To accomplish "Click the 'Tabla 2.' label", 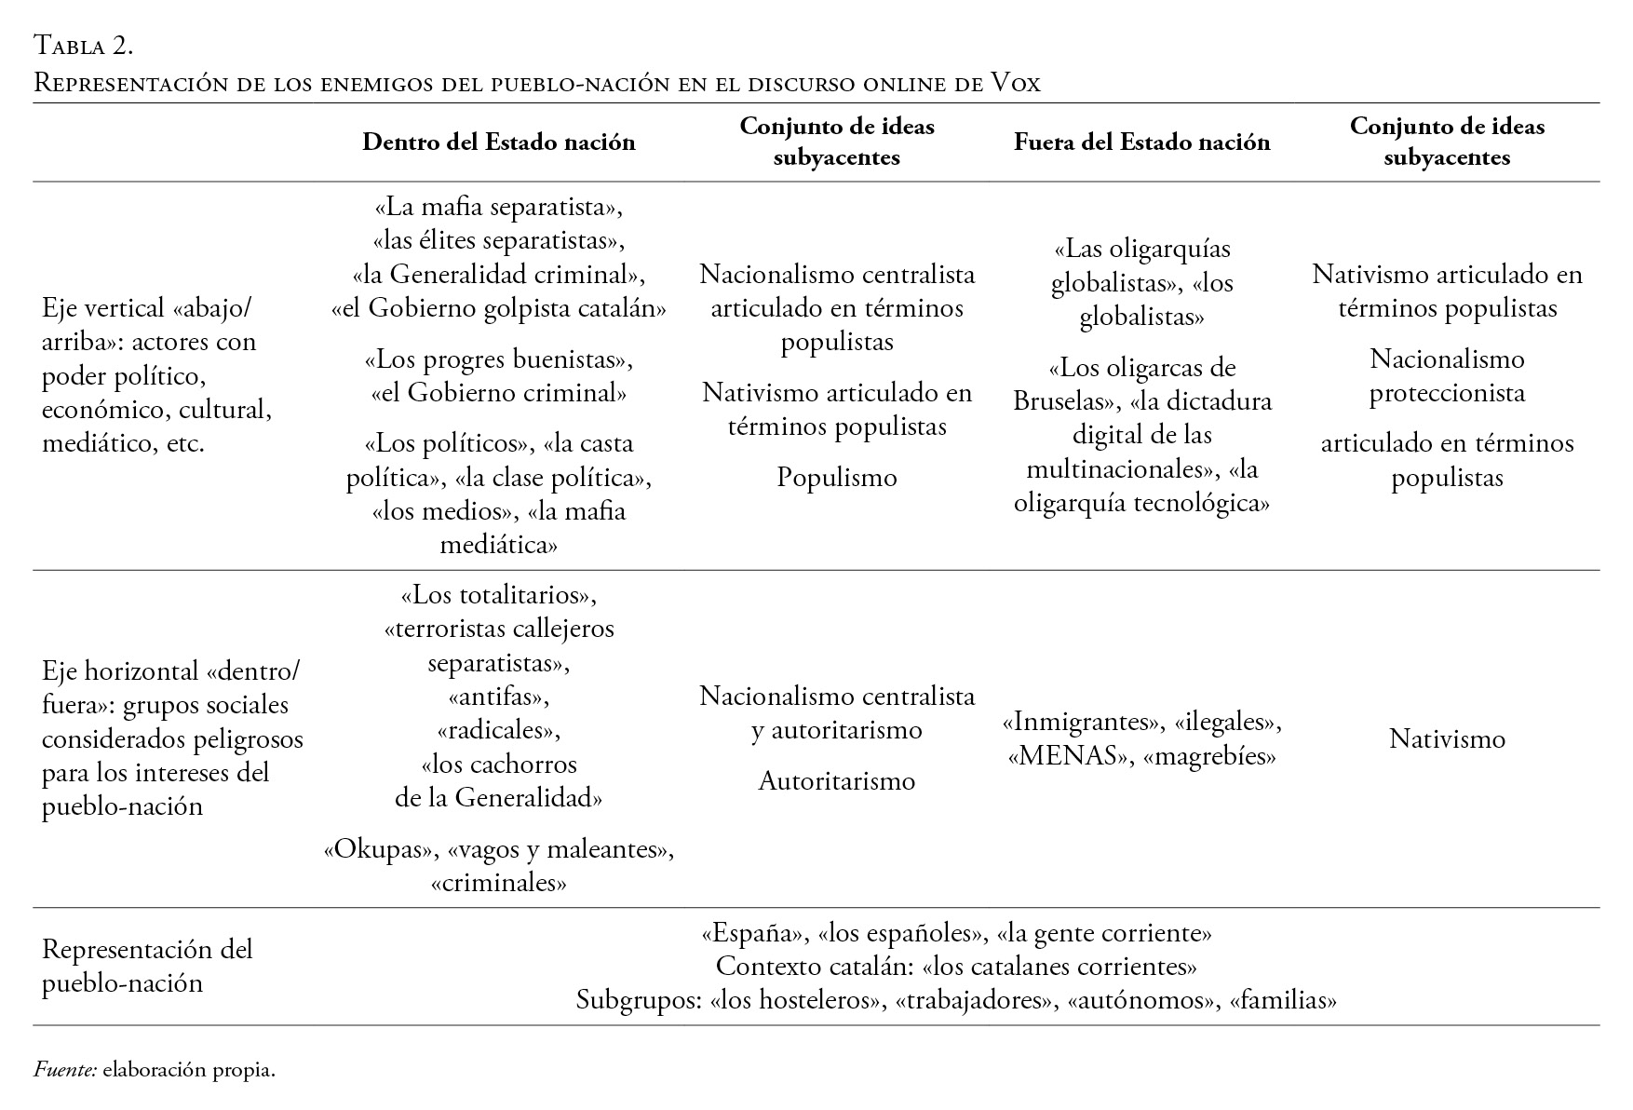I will [84, 45].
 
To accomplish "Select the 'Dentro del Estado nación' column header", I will [498, 142].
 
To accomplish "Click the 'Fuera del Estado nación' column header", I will [1141, 142].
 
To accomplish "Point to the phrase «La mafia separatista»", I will [498, 207].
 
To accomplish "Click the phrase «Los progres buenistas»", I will [498, 359].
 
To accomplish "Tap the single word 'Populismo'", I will [837, 478].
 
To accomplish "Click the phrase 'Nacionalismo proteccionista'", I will [1447, 375].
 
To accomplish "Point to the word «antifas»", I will [498, 697].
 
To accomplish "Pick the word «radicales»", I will [498, 730].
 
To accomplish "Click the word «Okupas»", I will [381, 849].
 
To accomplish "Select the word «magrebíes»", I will [1208, 755].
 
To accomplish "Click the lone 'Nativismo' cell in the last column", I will [1447, 738].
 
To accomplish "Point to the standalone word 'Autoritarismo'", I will [837, 780].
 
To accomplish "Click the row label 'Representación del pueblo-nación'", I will [147, 966].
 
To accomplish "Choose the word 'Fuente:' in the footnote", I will [65, 1070].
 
